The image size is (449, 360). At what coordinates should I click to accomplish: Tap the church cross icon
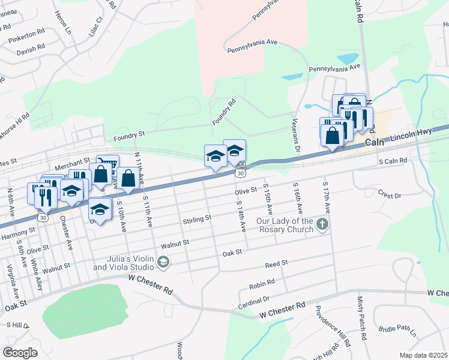click(x=322, y=226)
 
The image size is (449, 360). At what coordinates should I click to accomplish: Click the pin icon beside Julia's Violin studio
click(x=163, y=262)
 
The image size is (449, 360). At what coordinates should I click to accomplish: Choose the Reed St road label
click(x=277, y=263)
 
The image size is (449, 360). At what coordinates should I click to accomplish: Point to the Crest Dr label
click(x=389, y=196)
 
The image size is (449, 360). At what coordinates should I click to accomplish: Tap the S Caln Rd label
click(x=393, y=161)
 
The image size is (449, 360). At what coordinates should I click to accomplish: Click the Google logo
click(x=20, y=353)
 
